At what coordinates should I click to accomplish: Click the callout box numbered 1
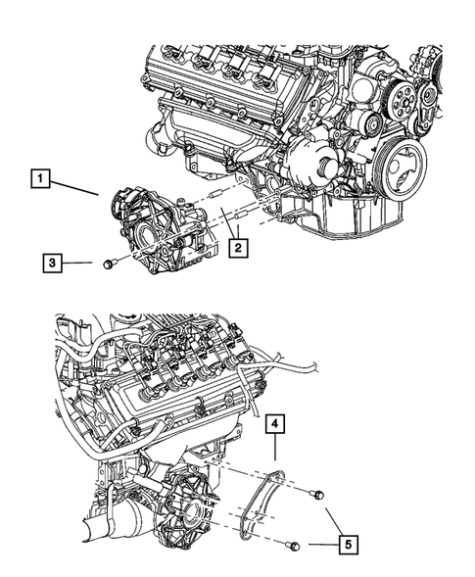39,178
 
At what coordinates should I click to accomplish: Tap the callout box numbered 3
56,263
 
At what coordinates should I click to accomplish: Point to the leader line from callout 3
82,263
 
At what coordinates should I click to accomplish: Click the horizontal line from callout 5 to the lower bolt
318,544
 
